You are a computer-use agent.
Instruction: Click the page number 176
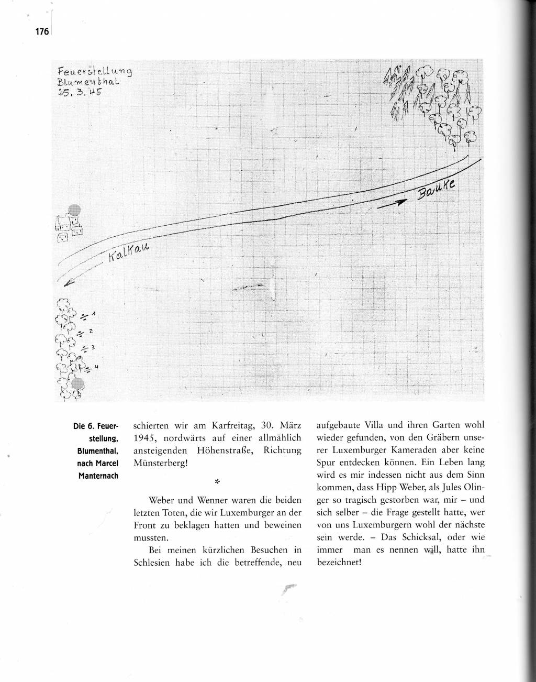coord(42,31)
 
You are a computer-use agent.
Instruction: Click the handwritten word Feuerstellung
coord(95,71)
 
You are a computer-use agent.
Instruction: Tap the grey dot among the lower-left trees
coord(77,383)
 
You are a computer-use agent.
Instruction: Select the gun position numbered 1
coord(86,316)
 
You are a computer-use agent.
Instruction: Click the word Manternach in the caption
coord(99,476)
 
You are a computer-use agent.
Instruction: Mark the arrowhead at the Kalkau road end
coord(66,284)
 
